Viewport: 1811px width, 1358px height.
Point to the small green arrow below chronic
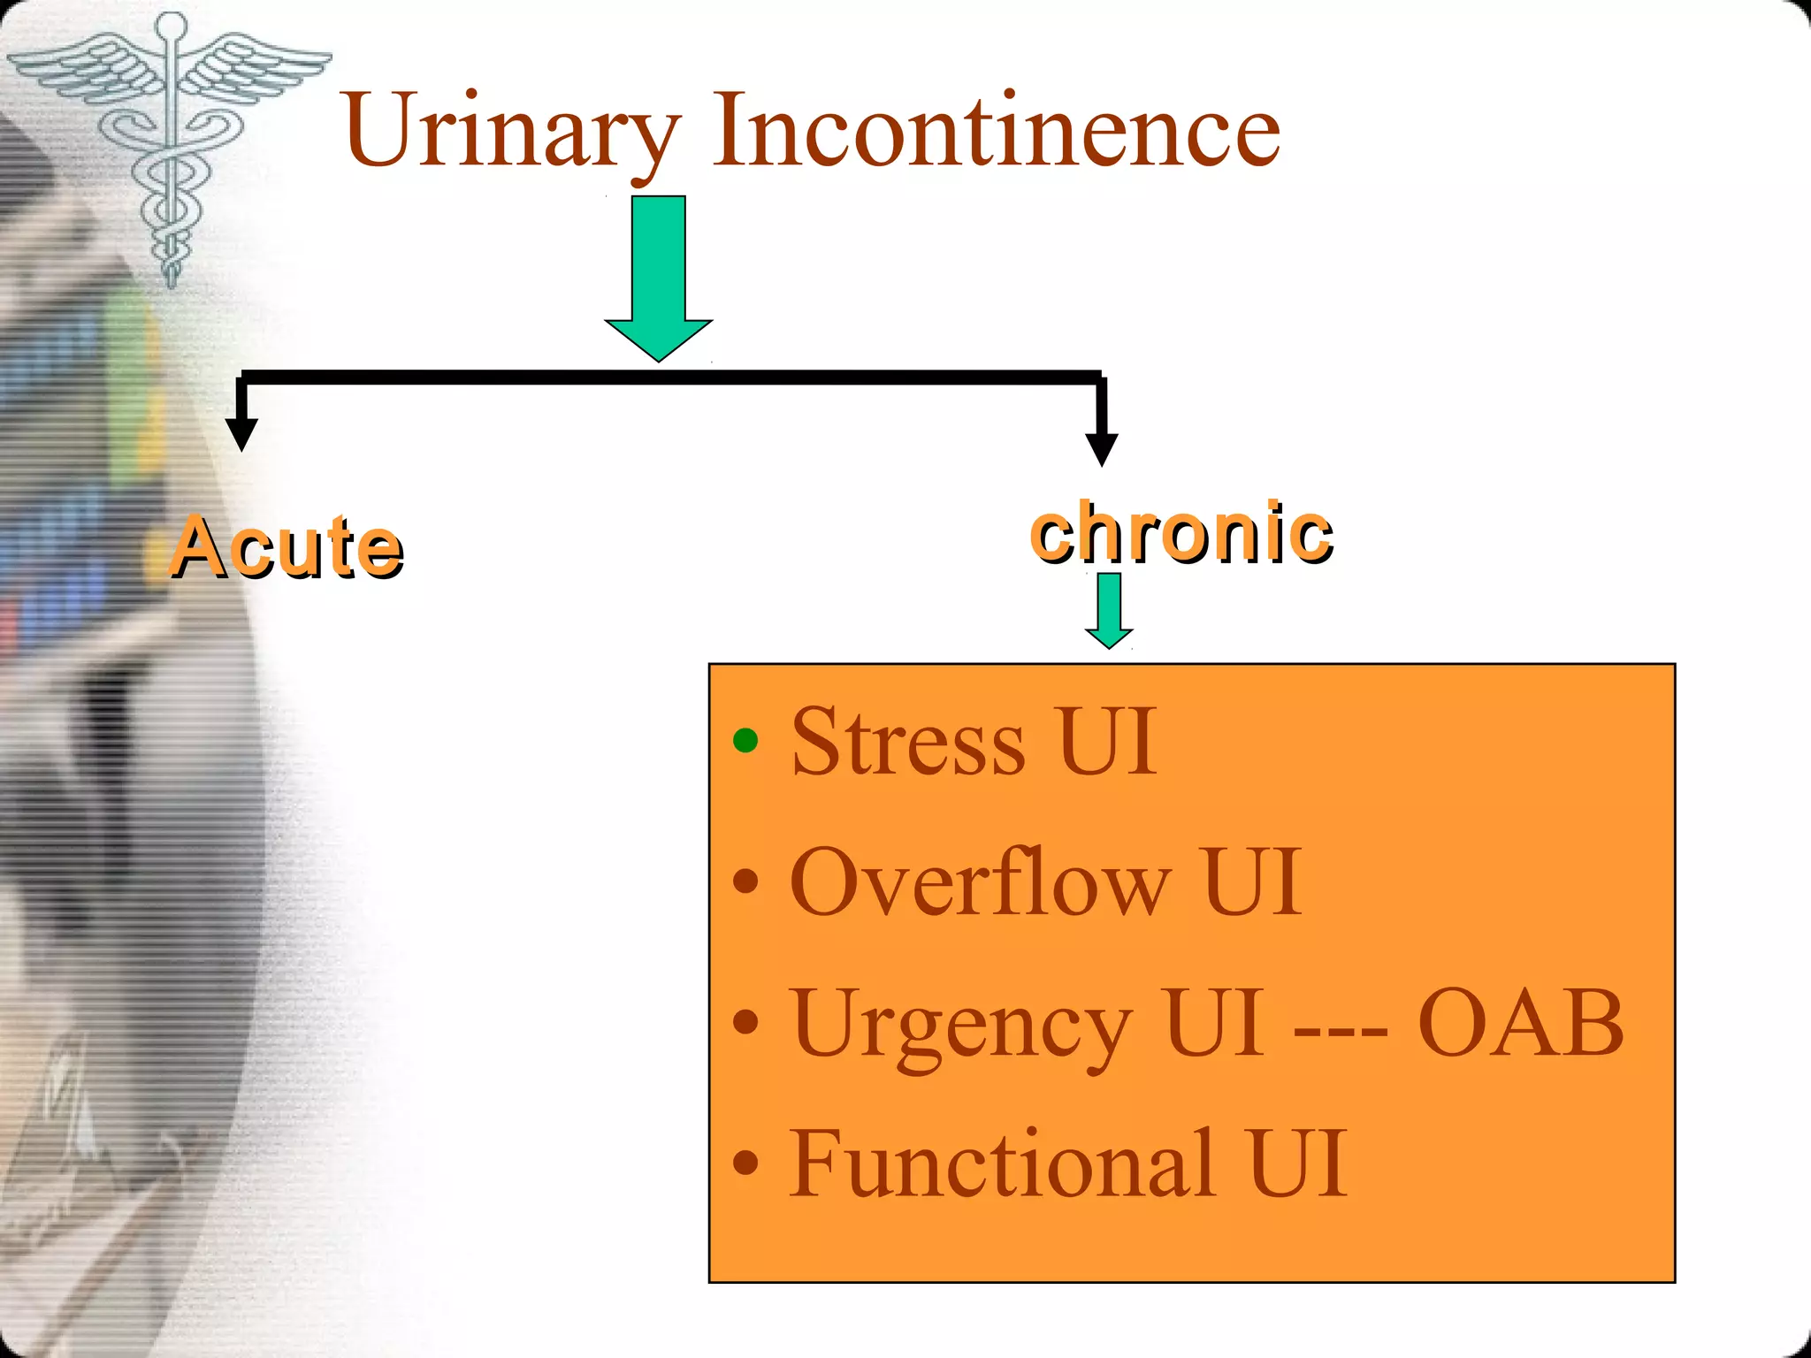1109,610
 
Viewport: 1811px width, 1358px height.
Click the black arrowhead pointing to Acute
241,433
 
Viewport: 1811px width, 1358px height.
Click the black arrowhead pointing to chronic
1101,448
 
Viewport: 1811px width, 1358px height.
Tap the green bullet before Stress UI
746,740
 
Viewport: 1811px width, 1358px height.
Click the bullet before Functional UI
746,1163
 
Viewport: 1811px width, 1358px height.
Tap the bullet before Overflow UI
746,881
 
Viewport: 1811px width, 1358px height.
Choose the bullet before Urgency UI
746,1022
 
